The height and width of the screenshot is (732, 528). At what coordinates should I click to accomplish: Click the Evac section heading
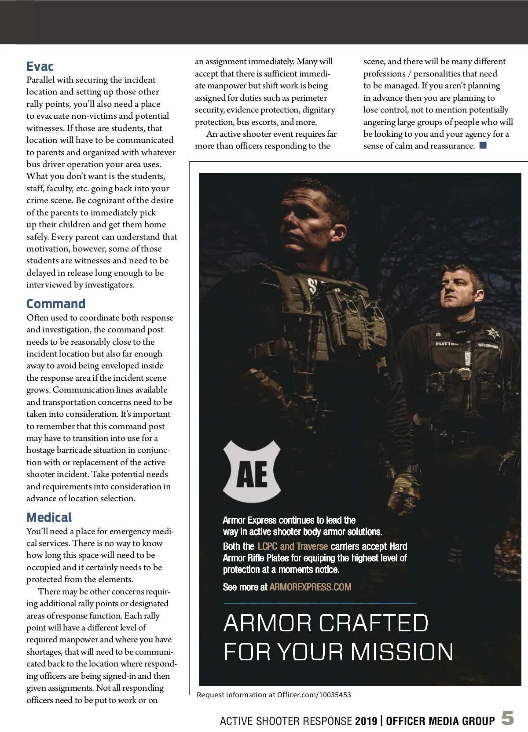pos(40,66)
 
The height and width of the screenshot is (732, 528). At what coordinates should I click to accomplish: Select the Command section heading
pos(56,304)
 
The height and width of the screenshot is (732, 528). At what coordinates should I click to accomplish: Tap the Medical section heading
pos(49,517)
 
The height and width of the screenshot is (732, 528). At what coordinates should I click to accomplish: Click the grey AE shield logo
pos(252,474)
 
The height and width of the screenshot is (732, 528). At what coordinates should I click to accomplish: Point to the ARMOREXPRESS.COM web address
pos(310,586)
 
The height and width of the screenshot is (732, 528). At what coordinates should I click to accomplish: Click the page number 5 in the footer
pos(507,719)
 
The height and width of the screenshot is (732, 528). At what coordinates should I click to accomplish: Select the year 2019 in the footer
pos(366,721)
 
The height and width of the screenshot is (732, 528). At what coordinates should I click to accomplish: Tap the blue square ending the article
pos(483,145)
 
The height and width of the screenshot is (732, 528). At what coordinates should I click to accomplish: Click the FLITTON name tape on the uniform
pos(447,344)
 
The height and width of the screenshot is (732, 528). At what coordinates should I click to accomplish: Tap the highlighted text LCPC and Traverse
pos(293,546)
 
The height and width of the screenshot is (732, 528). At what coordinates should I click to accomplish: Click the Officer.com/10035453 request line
pos(274,695)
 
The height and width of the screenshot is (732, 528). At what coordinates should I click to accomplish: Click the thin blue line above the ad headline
pos(319,603)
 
